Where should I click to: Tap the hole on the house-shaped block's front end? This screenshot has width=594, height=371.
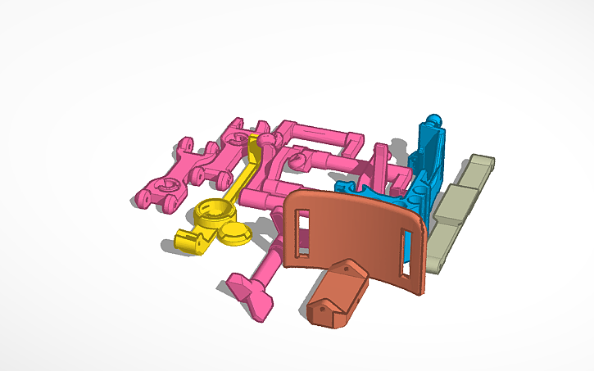click(320, 307)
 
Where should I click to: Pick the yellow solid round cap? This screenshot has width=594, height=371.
click(236, 233)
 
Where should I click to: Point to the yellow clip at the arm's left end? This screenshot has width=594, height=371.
click(189, 241)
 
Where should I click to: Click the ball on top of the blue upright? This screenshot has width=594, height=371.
click(434, 120)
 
